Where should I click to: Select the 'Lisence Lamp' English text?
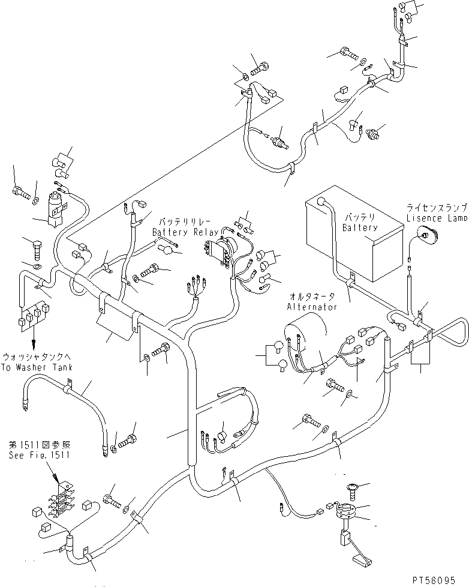(436, 219)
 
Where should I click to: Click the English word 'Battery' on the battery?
(361, 227)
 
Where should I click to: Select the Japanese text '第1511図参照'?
(39, 445)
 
